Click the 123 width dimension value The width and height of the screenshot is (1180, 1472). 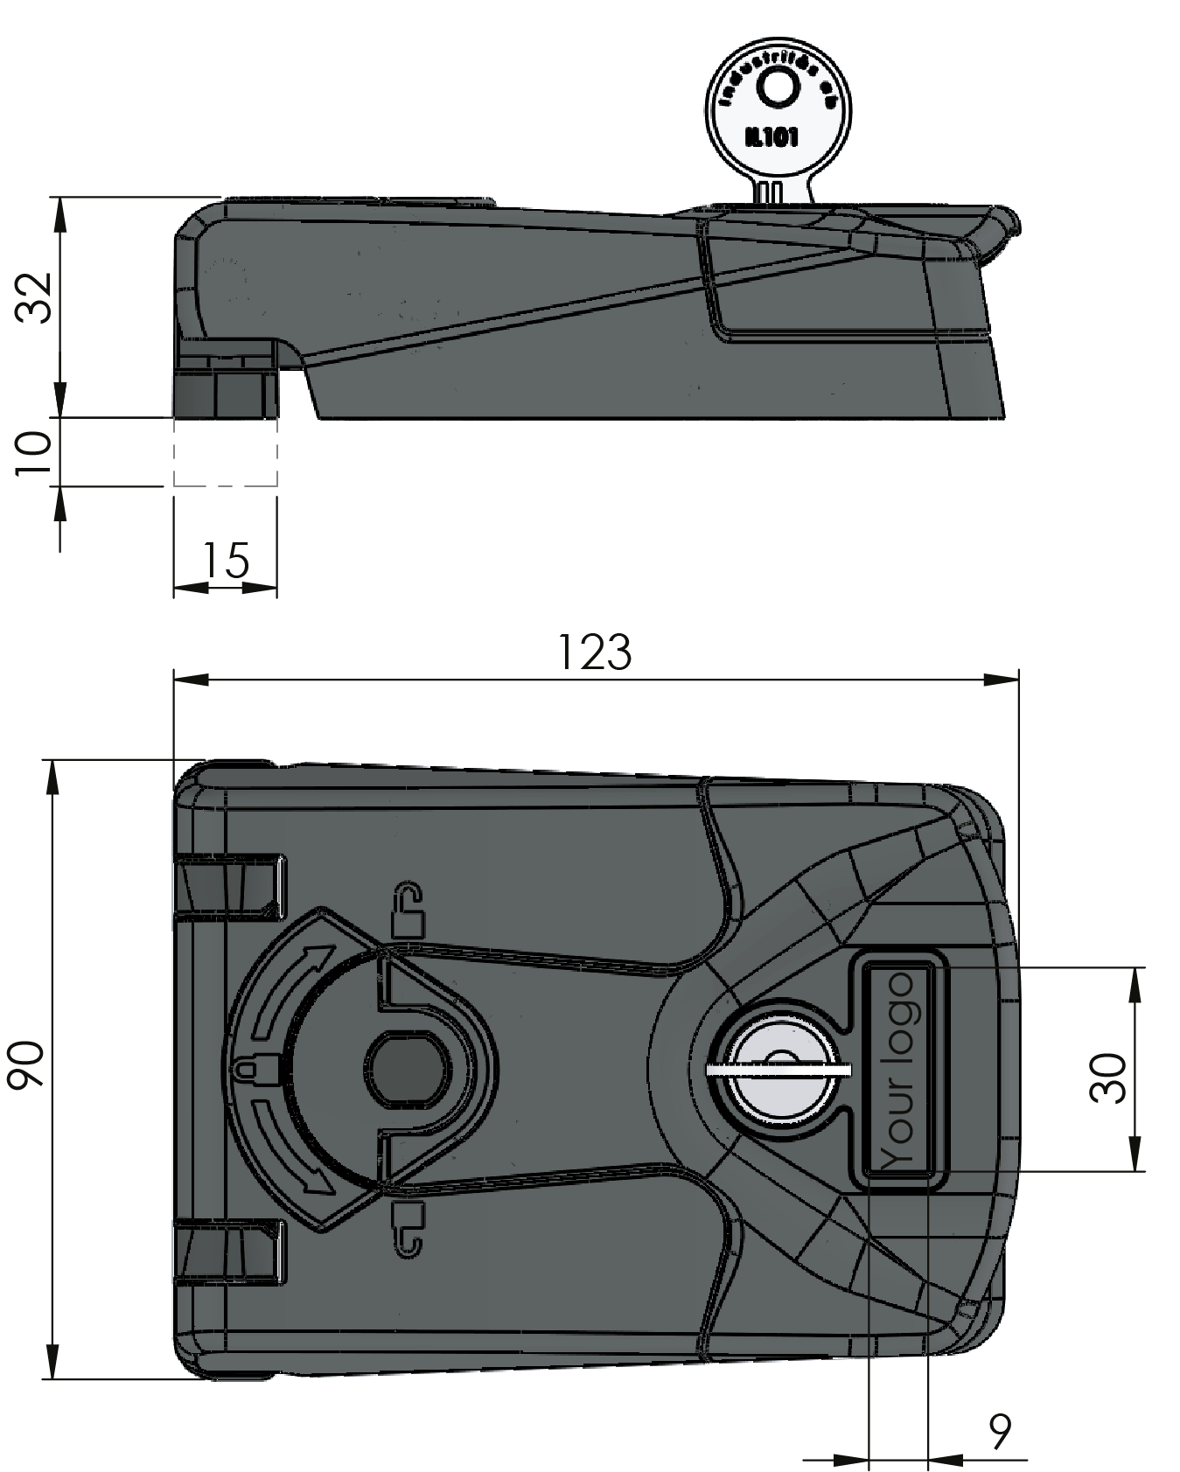point(595,652)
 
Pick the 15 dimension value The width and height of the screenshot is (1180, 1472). point(226,561)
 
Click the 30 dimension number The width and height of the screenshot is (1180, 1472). point(1109,1078)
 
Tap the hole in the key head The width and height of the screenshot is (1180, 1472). point(775,87)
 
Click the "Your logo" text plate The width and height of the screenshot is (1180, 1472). point(899,1070)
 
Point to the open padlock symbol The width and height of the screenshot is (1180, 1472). point(408,910)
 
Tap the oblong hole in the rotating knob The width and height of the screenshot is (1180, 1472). point(408,1068)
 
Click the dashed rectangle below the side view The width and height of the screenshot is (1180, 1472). point(226,451)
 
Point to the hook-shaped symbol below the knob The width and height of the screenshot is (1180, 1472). point(406,1228)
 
